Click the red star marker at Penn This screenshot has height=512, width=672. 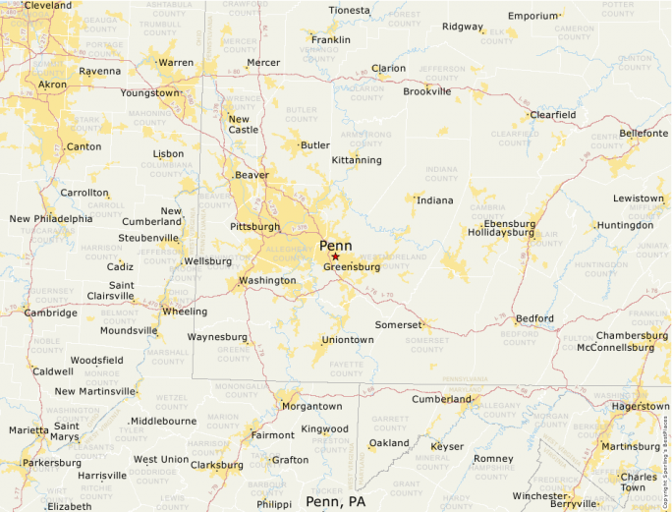click(335, 256)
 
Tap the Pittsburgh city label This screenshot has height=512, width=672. click(254, 227)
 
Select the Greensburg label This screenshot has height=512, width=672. click(352, 266)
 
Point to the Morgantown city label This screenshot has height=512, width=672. click(311, 406)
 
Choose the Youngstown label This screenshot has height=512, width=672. click(149, 93)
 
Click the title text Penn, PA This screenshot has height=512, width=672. click(339, 501)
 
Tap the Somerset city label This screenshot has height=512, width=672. click(398, 324)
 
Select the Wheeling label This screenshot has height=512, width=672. click(185, 312)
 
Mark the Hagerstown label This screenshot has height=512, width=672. click(640, 406)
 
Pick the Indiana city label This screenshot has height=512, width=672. click(435, 200)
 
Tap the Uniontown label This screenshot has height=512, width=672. click(348, 340)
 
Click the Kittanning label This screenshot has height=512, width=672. click(357, 159)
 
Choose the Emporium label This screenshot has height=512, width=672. click(532, 16)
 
